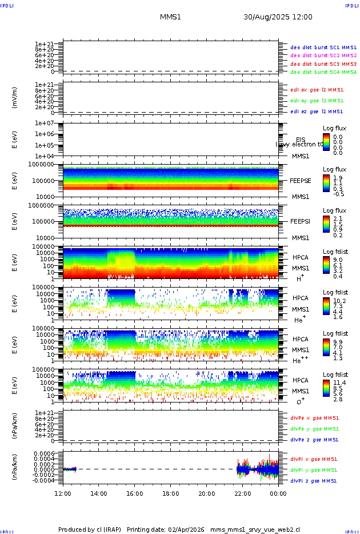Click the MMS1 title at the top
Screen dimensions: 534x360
[x=170, y=17]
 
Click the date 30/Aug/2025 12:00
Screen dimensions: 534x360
[x=278, y=17]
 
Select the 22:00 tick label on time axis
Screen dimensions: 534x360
[x=243, y=493]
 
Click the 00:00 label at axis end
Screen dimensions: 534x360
[x=278, y=493]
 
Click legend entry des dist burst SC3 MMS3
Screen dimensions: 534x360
[x=323, y=64]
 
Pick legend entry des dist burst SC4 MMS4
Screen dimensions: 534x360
[x=323, y=73]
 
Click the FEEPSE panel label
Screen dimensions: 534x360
[x=300, y=181]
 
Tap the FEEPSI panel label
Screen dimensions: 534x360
[x=300, y=221]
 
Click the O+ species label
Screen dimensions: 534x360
[x=300, y=401]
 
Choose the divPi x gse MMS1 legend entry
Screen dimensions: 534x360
[x=314, y=459]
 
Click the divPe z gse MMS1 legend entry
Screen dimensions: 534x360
[x=314, y=440]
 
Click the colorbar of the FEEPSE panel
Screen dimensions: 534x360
[x=326, y=183]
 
